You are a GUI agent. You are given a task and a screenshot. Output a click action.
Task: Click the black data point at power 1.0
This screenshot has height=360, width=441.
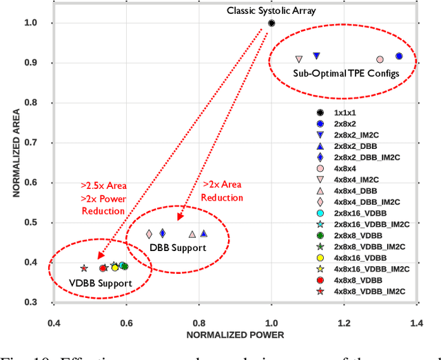(x=271, y=23)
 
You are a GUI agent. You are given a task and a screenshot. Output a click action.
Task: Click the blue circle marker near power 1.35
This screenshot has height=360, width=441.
(x=399, y=57)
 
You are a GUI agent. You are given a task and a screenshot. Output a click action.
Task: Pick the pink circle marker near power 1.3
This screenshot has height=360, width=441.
(x=380, y=60)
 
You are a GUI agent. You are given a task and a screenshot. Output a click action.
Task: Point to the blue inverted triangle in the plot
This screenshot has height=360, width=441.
(x=316, y=56)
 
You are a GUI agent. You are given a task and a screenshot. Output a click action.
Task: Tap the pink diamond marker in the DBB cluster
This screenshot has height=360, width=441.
(x=149, y=234)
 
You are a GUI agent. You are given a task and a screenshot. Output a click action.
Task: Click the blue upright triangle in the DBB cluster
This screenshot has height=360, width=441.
(x=204, y=234)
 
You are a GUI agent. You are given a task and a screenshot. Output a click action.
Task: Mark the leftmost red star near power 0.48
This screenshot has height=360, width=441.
(x=84, y=268)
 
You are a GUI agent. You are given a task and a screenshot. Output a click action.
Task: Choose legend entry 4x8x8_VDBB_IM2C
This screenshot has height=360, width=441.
(x=369, y=292)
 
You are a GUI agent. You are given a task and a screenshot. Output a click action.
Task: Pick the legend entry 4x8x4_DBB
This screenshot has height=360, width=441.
(x=354, y=191)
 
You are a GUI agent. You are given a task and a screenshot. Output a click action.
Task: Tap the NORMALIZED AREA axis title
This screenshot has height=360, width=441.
(x=13, y=152)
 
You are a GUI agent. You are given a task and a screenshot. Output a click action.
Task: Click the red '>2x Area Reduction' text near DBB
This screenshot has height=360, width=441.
(x=222, y=191)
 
